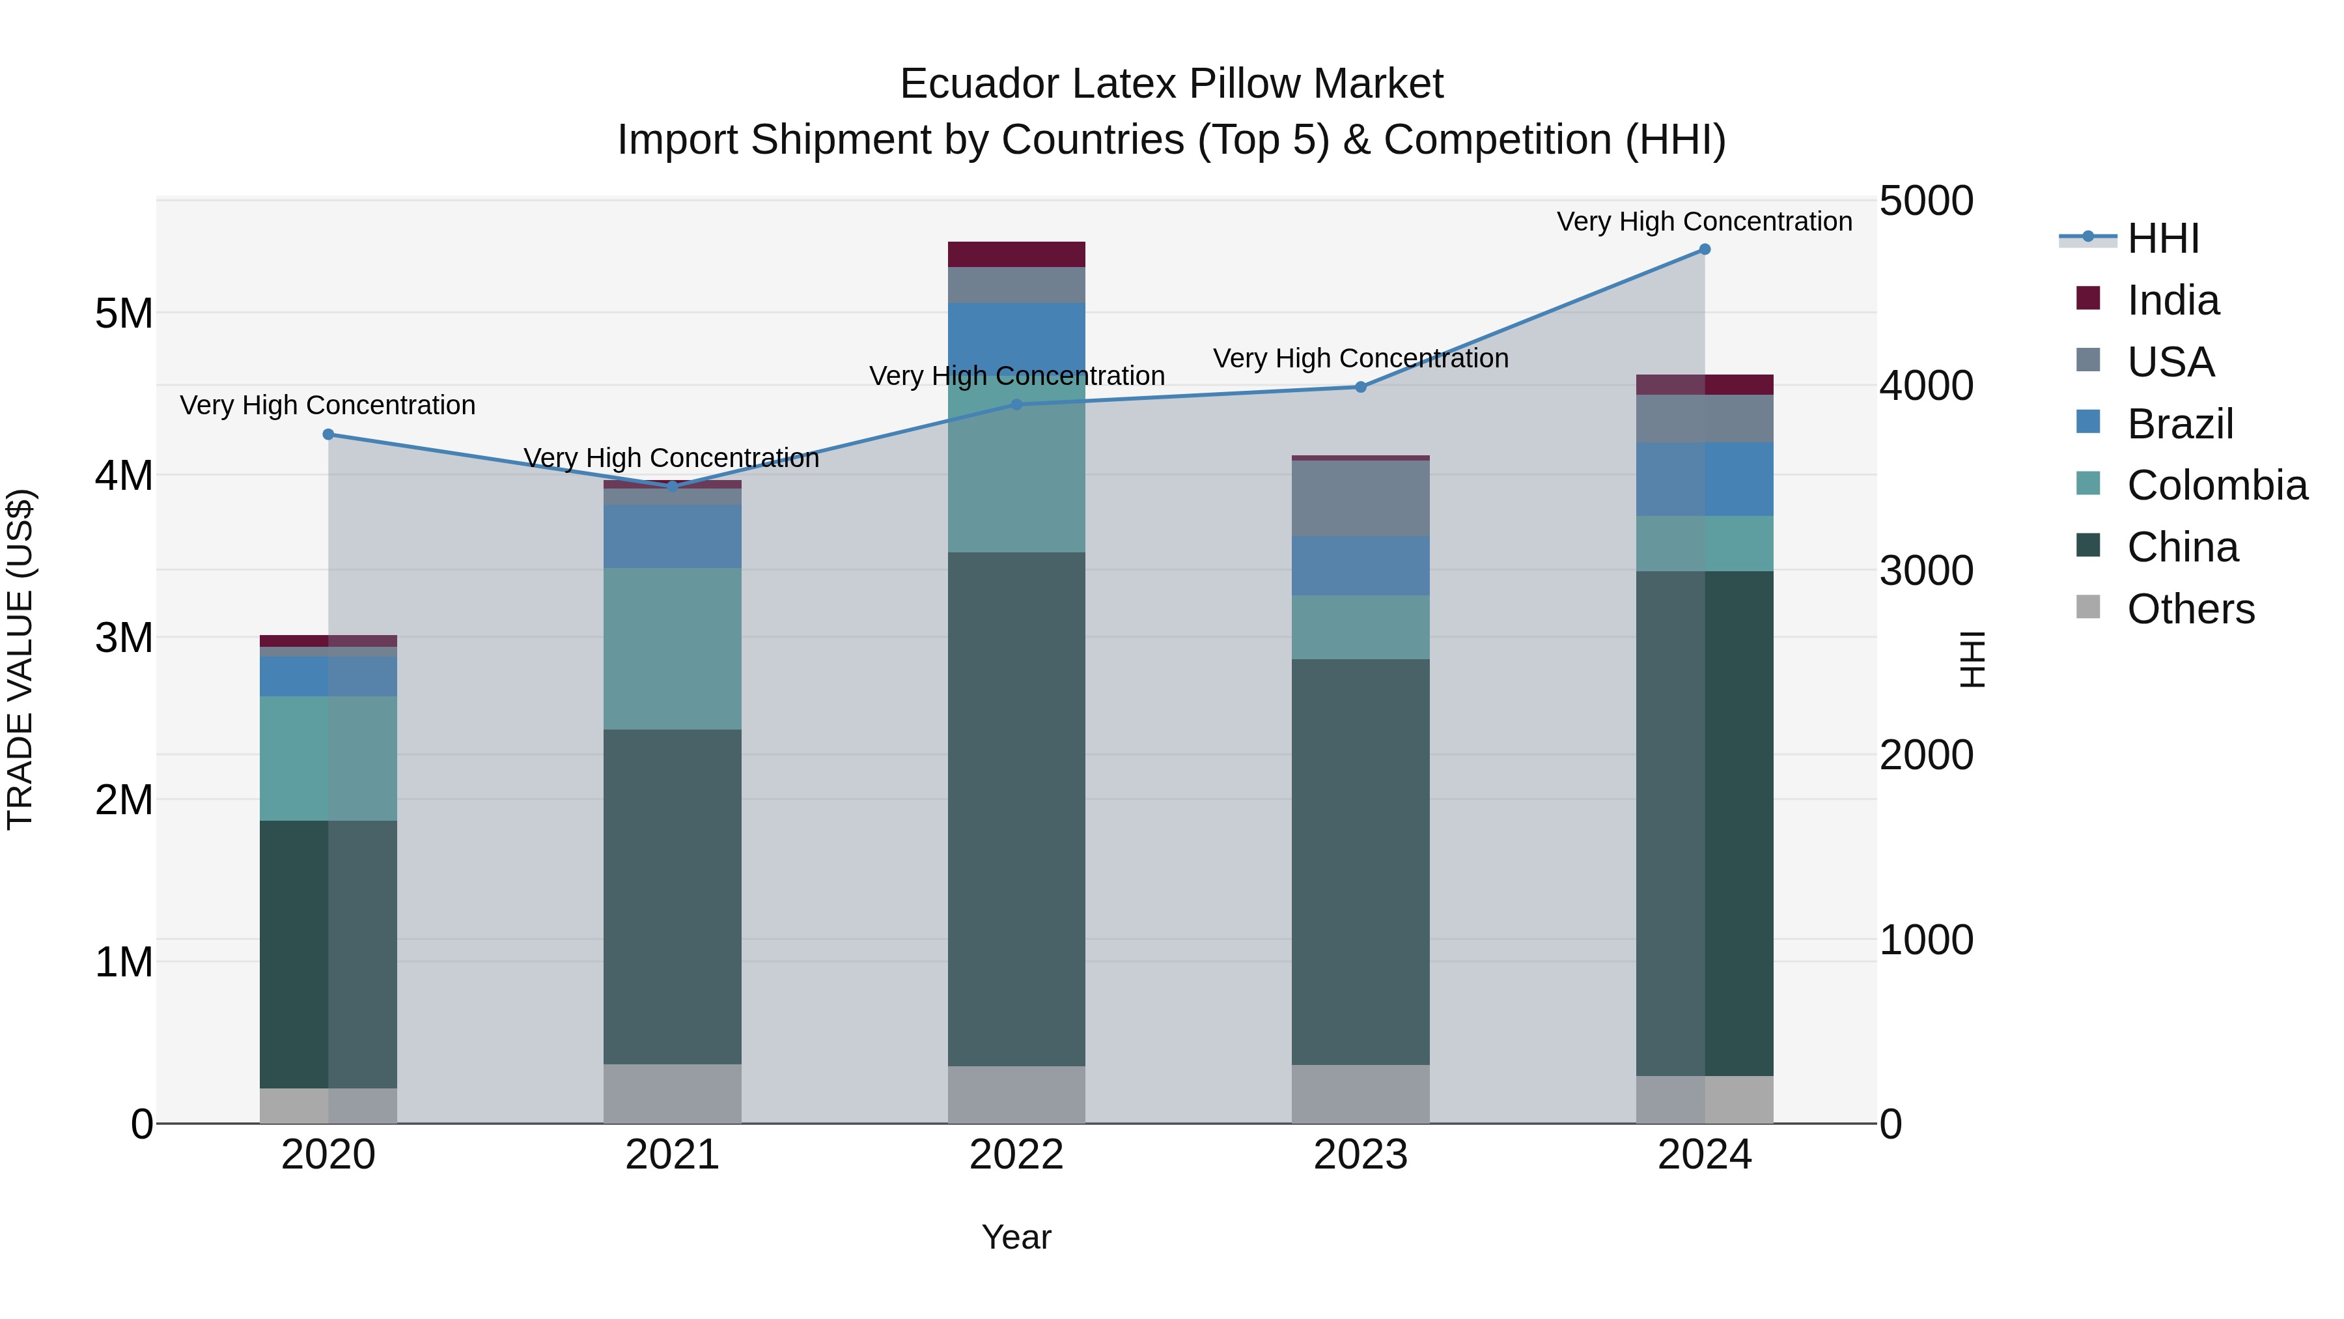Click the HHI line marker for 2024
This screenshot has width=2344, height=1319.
pos(1705,249)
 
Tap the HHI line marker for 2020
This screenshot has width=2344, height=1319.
pos(329,434)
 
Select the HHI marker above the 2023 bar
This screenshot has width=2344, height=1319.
pos(1360,387)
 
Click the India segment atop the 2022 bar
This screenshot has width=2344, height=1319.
pos(1016,254)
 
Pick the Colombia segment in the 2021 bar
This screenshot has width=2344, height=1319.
pos(673,648)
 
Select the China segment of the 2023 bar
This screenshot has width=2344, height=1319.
pos(1360,861)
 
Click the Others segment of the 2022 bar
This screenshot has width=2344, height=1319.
pos(1016,1094)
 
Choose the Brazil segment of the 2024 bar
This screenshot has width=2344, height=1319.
pos(1705,479)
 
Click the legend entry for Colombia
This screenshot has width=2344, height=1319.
pos(2216,485)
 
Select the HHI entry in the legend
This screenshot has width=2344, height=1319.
pos(2163,238)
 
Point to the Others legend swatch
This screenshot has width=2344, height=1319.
pos(2088,607)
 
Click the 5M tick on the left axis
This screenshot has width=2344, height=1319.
pos(124,314)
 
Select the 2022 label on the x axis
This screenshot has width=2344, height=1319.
pos(1016,1155)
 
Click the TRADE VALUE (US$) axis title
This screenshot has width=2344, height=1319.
pos(20,659)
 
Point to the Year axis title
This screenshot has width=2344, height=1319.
pos(1016,1237)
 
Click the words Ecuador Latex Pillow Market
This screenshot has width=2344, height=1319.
pos(1171,84)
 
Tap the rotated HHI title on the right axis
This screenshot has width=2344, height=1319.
pos(1972,659)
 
